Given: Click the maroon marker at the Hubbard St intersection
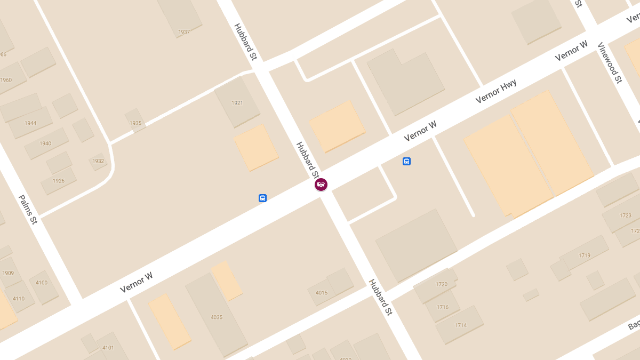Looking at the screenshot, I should click(321, 185).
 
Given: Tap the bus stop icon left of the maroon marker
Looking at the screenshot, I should click(262, 198).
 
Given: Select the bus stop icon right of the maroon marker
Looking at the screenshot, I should click(406, 161).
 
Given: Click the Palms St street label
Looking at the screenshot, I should click(28, 209).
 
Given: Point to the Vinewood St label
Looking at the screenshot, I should click(610, 62).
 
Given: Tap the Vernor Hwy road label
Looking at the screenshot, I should click(496, 91).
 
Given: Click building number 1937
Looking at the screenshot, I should click(184, 32).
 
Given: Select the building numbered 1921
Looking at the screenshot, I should click(237, 103).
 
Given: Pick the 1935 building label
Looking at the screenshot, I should click(135, 123).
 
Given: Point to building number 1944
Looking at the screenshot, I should click(30, 123).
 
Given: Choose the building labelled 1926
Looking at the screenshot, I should click(59, 181).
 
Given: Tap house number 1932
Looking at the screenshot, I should click(98, 161).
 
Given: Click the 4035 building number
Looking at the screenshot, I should click(217, 317).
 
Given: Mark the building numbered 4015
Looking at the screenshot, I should click(322, 293).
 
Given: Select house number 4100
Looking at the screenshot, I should click(42, 283).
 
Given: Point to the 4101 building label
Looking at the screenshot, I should click(108, 348).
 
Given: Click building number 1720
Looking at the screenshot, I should click(442, 284).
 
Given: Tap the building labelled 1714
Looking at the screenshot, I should click(461, 325).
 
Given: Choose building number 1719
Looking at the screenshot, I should click(585, 255).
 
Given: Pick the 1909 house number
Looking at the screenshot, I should click(8, 273).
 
